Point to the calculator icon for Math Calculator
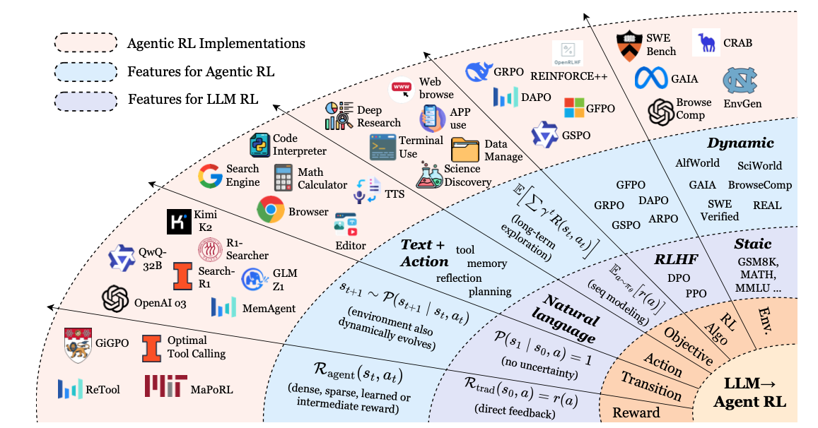point(284,178)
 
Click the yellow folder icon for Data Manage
point(465,150)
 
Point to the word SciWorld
point(759,165)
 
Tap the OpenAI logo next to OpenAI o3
point(115,299)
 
